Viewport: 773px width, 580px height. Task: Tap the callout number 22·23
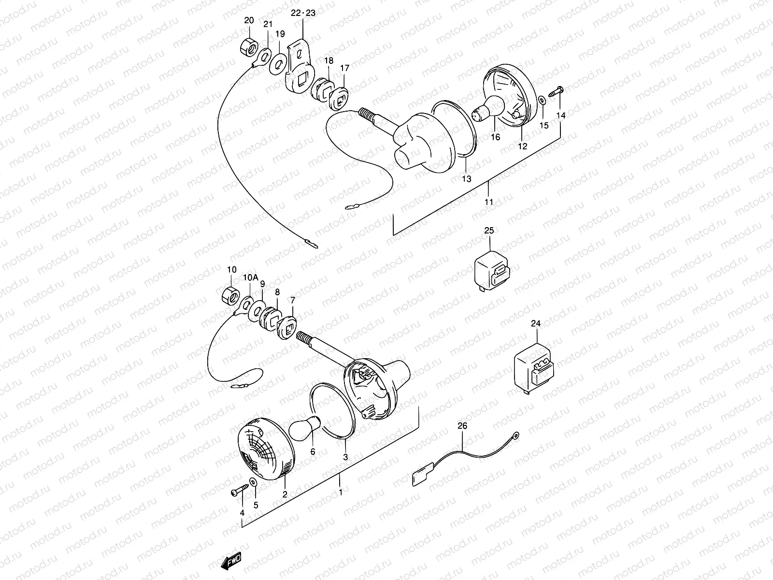[x=303, y=13]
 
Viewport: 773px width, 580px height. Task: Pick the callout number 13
[x=466, y=179]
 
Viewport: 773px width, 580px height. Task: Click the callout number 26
[x=462, y=426]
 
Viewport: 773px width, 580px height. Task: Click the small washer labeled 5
[x=253, y=482]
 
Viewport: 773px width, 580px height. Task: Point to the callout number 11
[x=489, y=202]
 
